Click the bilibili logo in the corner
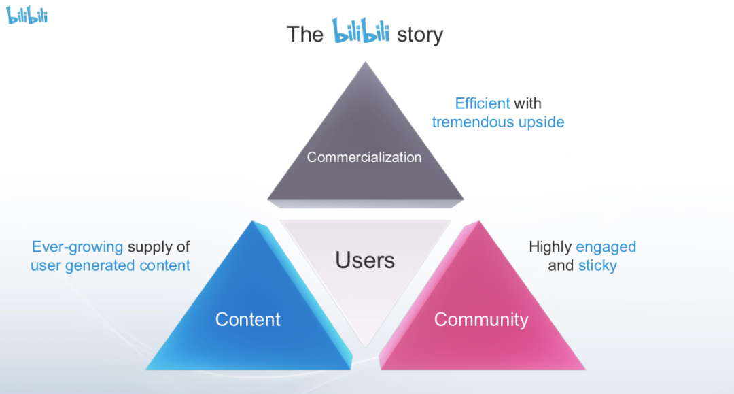click(x=27, y=15)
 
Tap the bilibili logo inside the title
click(x=360, y=31)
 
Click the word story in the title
click(x=420, y=34)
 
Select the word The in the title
click(x=304, y=34)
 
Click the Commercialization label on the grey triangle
click(x=364, y=157)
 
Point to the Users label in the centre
click(x=365, y=259)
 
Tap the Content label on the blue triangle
click(x=248, y=319)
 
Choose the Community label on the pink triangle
click(x=481, y=319)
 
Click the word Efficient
click(x=483, y=103)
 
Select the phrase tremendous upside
click(x=498, y=122)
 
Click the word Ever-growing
click(x=77, y=246)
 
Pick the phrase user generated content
click(x=111, y=265)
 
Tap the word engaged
click(x=606, y=246)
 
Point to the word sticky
click(x=597, y=265)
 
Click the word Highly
click(x=550, y=246)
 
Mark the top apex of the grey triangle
click(x=366, y=63)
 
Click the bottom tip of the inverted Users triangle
click(x=366, y=348)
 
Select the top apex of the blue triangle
click(x=253, y=221)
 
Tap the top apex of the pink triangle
click(x=478, y=221)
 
